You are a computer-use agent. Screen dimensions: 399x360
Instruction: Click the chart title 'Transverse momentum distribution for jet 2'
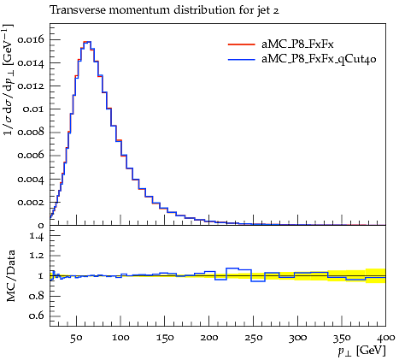pos(164,10)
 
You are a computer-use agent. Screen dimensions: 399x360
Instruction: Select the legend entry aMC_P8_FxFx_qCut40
pos(319,59)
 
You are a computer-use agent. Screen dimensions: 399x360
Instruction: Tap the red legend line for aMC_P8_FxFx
pos(241,44)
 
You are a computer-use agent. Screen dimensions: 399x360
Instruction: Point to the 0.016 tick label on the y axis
pos(31,39)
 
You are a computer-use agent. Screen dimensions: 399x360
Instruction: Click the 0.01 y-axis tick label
pos(33,109)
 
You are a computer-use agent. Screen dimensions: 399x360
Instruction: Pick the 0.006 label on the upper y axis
pos(31,155)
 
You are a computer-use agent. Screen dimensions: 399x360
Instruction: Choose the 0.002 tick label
pos(31,202)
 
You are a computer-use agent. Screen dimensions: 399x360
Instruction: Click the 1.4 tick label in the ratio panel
pos(37,236)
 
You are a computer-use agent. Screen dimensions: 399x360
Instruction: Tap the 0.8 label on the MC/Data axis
pos(37,296)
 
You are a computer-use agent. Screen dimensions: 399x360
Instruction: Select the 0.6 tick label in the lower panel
pos(37,316)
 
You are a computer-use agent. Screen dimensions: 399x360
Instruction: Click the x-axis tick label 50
pos(77,338)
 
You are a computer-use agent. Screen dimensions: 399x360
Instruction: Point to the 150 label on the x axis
pos(165,338)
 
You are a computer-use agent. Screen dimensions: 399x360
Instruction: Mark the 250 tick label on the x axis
pos(254,338)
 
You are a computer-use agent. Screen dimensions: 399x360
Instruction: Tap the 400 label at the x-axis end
pos(386,338)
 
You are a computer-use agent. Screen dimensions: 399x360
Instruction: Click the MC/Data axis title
pos(10,275)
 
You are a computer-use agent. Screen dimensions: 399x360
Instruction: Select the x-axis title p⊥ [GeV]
pos(362,351)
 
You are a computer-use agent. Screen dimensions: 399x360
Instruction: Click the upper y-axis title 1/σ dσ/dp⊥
pos(9,80)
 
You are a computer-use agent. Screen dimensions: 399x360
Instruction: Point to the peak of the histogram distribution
pos(87,42)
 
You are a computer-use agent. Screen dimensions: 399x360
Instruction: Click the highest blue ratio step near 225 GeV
pos(232,269)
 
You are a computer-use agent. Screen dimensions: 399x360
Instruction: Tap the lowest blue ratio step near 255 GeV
pos(258,281)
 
